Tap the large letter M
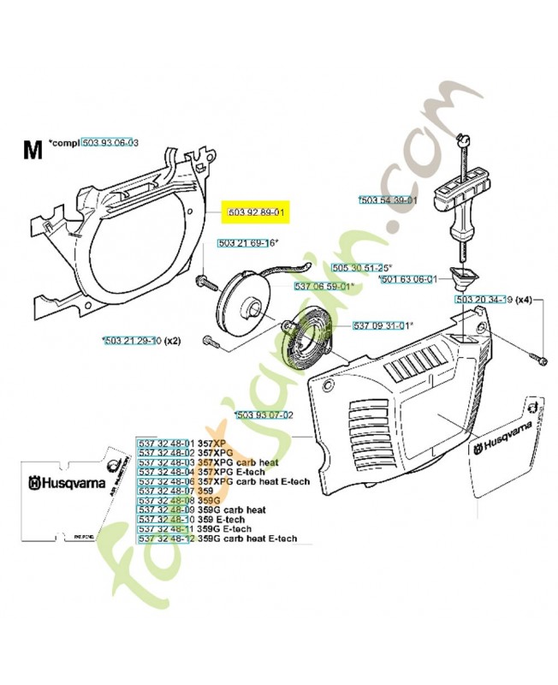pos(33,151)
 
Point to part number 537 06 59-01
pos(323,286)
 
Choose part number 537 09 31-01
pos(382,325)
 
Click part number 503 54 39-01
pos(389,200)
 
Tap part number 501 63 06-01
pos(410,279)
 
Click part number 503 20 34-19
pos(484,301)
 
